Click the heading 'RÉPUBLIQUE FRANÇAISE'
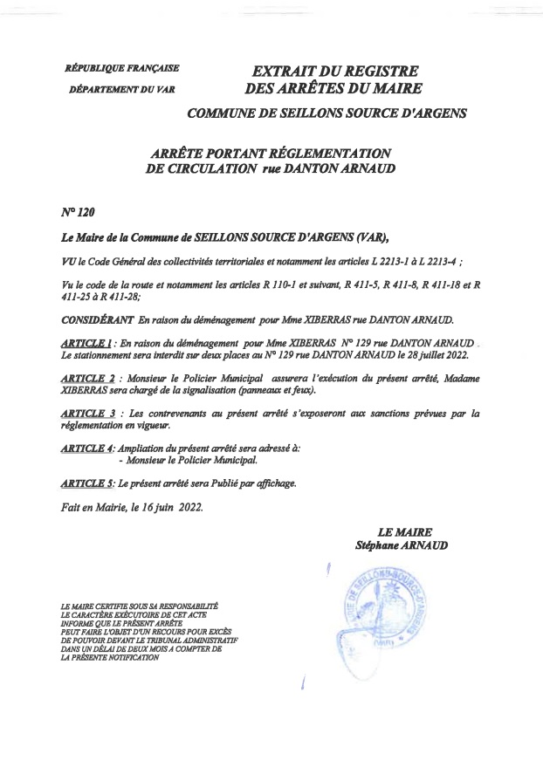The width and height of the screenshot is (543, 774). [122, 67]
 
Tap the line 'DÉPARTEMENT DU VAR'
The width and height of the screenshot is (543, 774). [121, 89]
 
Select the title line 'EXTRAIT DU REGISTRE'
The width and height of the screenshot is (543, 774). [335, 70]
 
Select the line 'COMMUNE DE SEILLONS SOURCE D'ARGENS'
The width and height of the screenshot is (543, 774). [327, 113]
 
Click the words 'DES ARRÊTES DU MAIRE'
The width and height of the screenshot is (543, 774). [334, 88]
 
